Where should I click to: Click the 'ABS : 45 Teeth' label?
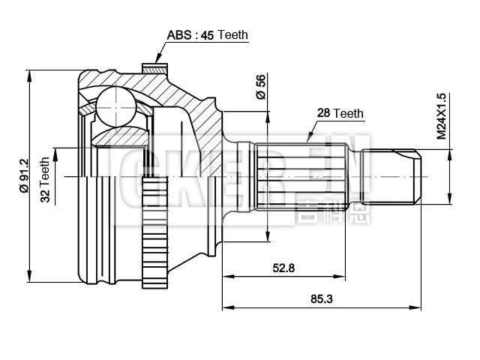pos(206,34)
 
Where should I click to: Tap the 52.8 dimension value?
pos(283,268)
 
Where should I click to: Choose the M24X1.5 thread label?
pos(441,116)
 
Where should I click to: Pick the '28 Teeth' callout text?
pos(340,113)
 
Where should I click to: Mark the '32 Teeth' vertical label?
pos(44,181)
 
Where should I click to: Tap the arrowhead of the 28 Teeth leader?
pos(308,139)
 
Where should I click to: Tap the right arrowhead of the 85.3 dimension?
pos(418,307)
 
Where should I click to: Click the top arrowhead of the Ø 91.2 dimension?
pos(30,73)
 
